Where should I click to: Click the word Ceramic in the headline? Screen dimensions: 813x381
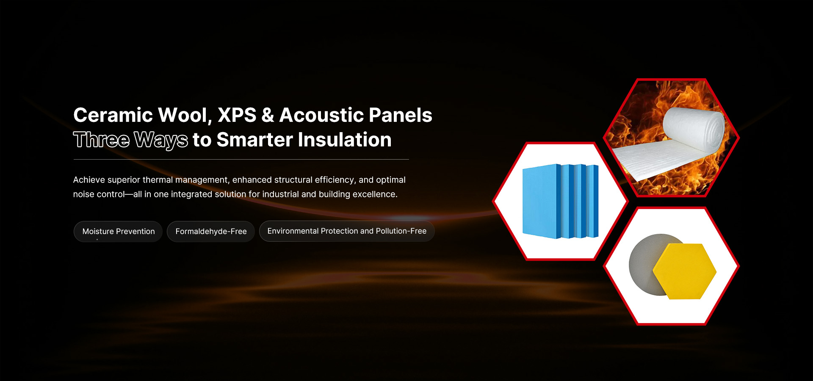click(x=113, y=115)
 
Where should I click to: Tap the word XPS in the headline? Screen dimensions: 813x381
click(x=237, y=115)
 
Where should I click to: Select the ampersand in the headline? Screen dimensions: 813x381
click(x=268, y=115)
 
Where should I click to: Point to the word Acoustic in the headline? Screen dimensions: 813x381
click(x=321, y=115)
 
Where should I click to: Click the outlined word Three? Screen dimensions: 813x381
click(x=102, y=140)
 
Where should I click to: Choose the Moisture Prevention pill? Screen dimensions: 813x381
click(x=118, y=232)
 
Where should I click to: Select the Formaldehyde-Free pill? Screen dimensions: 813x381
click(x=211, y=232)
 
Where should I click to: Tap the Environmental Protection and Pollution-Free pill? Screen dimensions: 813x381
click(x=347, y=231)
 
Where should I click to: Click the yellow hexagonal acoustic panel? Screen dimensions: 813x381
click(x=684, y=271)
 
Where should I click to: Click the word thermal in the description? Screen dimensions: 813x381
click(x=158, y=180)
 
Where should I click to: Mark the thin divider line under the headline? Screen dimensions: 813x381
click(x=241, y=160)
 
